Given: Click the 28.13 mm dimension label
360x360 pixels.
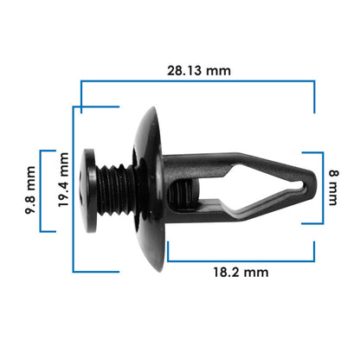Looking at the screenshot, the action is [x=199, y=71].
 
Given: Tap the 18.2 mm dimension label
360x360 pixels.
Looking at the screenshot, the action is [x=241, y=272].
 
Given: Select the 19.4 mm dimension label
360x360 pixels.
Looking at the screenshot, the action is [x=63, y=180].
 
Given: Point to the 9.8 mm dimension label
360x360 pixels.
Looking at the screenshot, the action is [x=30, y=190].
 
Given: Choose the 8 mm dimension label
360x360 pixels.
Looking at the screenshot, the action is [x=333, y=188].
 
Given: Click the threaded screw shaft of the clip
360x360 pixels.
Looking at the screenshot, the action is [x=115, y=190].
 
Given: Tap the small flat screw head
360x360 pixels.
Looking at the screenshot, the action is [x=88, y=190].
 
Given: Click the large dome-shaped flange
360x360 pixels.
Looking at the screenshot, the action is [x=150, y=189].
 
